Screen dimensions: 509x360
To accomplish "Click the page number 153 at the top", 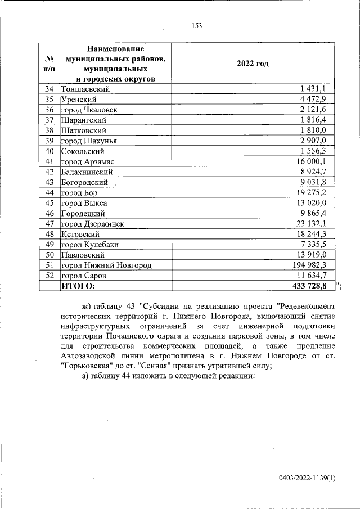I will tap(196, 25).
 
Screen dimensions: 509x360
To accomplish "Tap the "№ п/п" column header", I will tap(49, 63).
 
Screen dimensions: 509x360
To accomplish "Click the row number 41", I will tap(49, 161).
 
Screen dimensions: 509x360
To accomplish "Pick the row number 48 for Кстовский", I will tap(49, 234).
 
